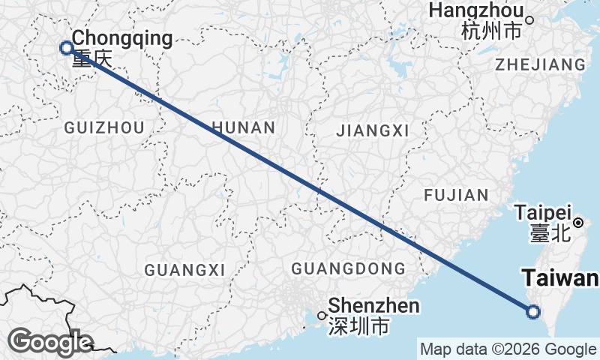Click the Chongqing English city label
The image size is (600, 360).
tap(122, 37)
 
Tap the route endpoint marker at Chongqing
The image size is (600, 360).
tap(66, 48)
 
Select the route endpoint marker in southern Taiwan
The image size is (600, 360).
tap(532, 312)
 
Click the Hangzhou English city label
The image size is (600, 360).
tap(476, 11)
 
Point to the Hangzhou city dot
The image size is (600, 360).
tap(529, 20)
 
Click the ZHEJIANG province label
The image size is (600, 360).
tap(540, 64)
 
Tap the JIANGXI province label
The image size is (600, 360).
tap(373, 131)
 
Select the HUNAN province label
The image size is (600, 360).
tap(244, 127)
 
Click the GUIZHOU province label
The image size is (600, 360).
tap(104, 128)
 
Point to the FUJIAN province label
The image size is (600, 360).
tap(456, 195)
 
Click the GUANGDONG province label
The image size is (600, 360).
tap(348, 268)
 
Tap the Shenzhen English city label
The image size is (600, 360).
tap(373, 306)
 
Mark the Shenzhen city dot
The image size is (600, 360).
tap(321, 315)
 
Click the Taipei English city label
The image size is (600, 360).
tap(544, 212)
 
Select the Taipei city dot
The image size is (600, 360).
tap(579, 223)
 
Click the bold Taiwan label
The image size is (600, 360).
tap(560, 279)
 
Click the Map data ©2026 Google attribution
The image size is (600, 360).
tap(508, 349)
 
